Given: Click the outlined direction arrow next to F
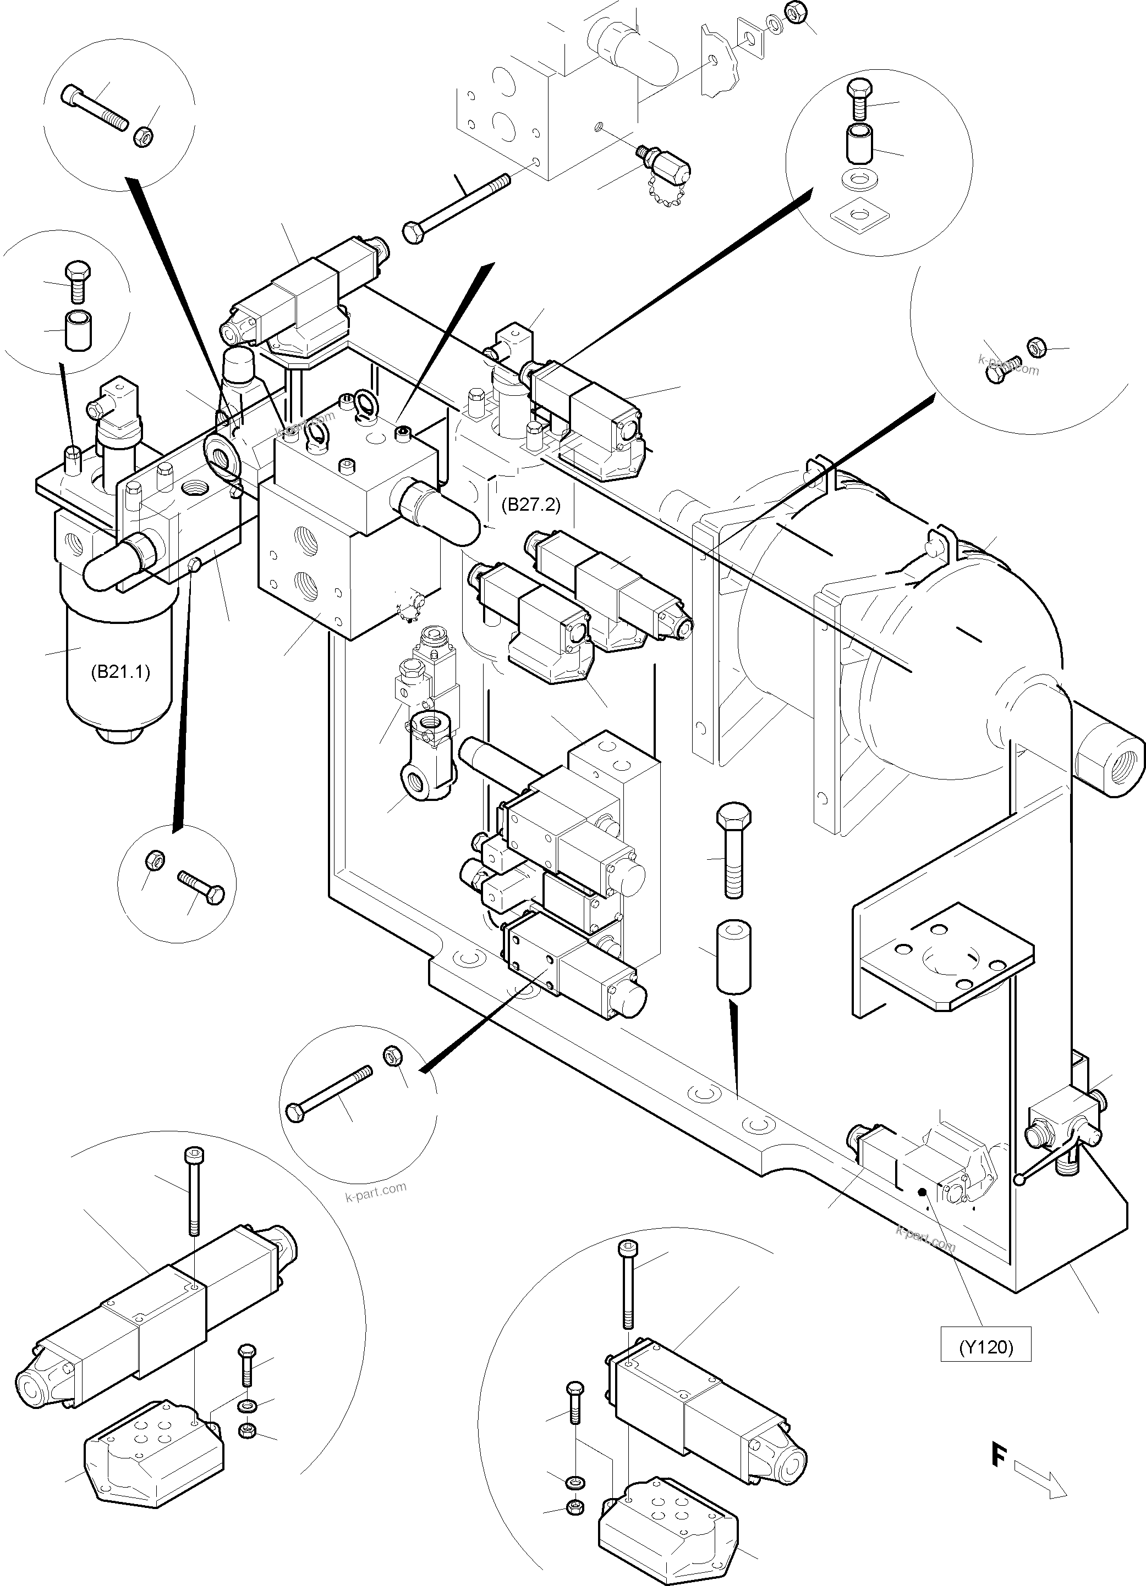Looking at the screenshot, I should [1040, 1478].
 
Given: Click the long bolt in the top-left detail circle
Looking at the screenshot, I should [95, 107].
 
